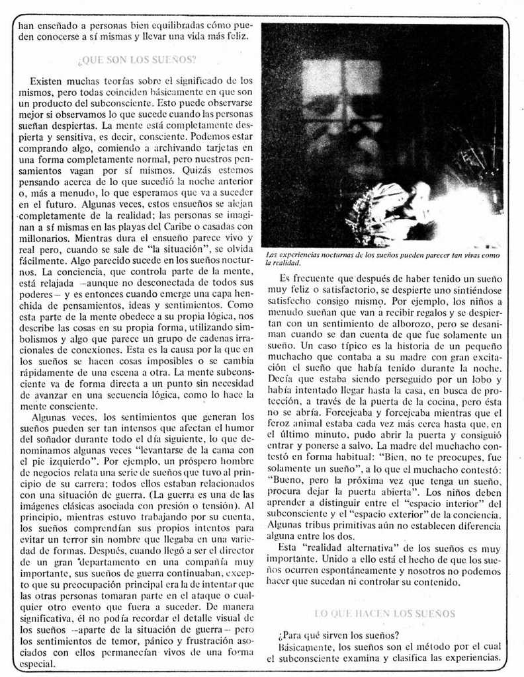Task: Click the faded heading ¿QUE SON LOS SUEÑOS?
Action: tap(137, 60)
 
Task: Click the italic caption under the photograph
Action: tap(382, 259)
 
